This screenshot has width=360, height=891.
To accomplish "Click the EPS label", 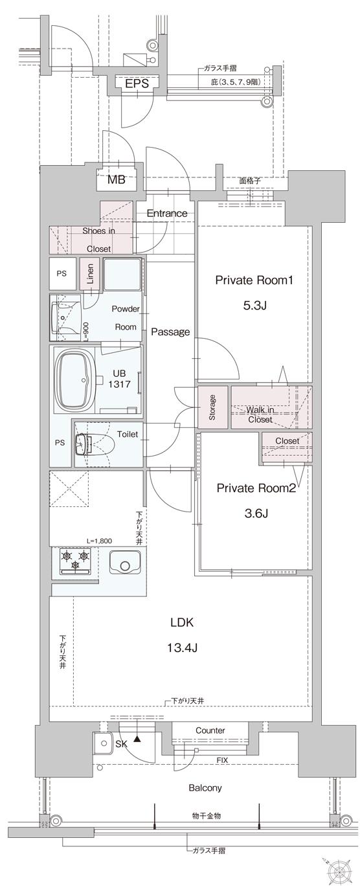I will pyautogui.click(x=137, y=84).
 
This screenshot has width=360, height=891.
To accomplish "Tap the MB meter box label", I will pyautogui.click(x=117, y=180).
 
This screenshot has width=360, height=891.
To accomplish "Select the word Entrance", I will pyautogui.click(x=166, y=213).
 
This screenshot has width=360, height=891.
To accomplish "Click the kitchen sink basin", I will pyautogui.click(x=125, y=561).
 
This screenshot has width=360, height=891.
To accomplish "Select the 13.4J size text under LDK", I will pyautogui.click(x=183, y=647).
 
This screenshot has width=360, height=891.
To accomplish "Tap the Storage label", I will pyautogui.click(x=212, y=407).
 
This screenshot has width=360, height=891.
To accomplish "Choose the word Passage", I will pyautogui.click(x=170, y=332).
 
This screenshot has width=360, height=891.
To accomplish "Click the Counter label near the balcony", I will pyautogui.click(x=210, y=730).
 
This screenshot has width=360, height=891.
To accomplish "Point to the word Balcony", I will pyautogui.click(x=205, y=788).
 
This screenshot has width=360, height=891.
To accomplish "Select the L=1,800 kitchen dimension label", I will pyautogui.click(x=100, y=540).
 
